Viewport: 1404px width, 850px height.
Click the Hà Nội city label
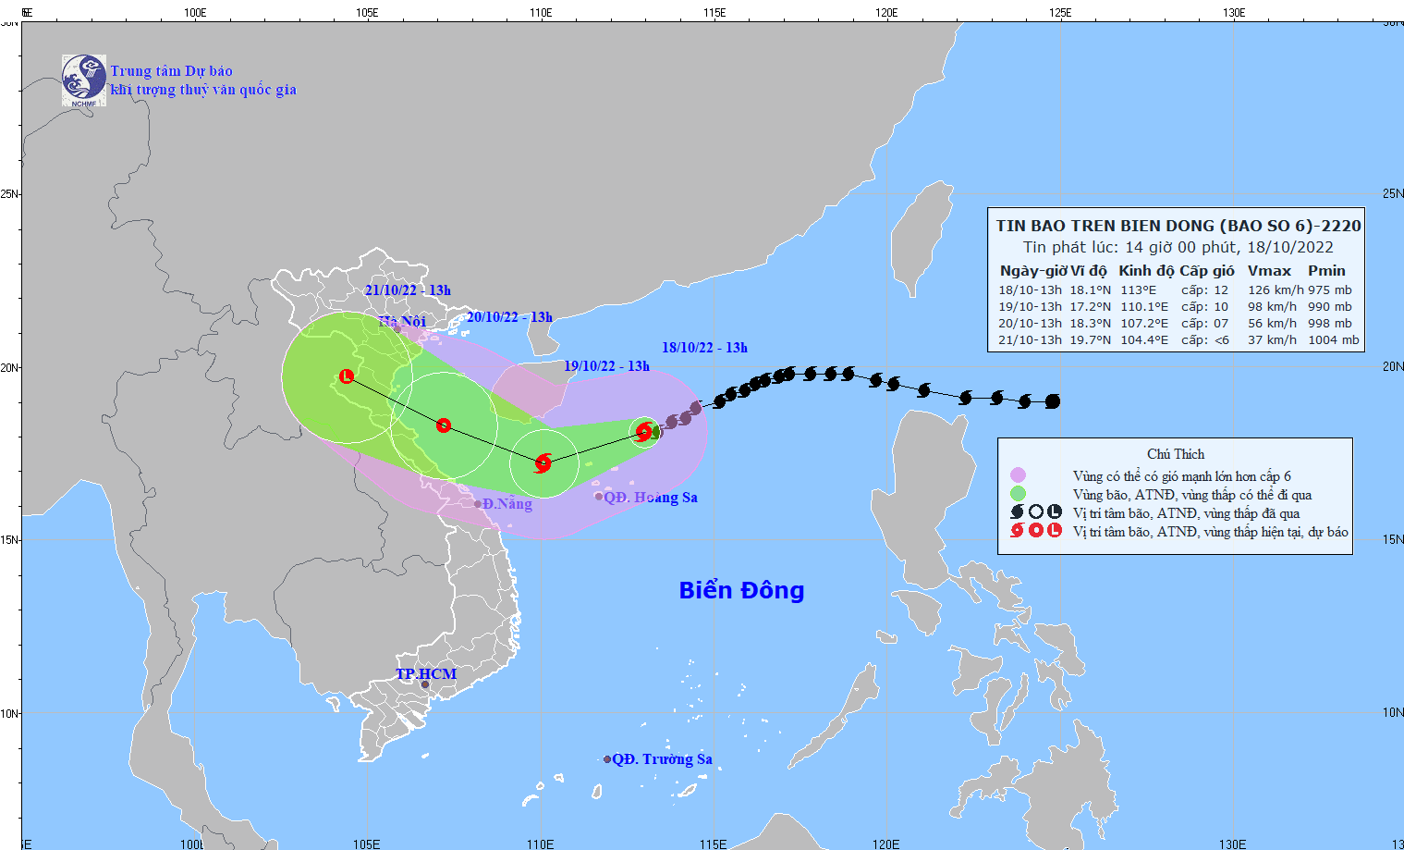pos(402,321)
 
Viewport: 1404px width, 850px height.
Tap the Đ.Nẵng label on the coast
pos(507,504)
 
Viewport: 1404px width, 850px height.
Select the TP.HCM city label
pos(426,674)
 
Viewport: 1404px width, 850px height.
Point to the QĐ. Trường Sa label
pos(662,759)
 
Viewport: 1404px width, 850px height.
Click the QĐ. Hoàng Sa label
pos(650,498)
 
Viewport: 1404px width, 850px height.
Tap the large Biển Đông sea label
pos(741,590)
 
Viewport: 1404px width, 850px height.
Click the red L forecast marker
pos(347,376)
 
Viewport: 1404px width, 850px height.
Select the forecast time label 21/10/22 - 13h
pos(408,290)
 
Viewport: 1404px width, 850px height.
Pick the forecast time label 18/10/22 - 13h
pos(704,348)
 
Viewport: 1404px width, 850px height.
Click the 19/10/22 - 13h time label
pos(606,366)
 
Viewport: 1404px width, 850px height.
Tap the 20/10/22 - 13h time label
pos(509,317)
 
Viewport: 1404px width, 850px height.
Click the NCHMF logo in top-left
pos(83,80)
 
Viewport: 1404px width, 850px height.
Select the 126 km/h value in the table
pos(1276,290)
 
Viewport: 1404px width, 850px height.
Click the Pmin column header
pos(1326,271)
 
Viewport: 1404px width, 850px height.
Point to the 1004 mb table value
pos(1334,340)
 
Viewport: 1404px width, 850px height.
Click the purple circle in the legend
pos(1018,475)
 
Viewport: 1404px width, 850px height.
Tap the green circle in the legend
pos(1018,494)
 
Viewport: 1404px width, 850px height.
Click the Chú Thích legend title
pos(1176,454)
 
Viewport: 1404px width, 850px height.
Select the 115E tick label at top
pos(714,13)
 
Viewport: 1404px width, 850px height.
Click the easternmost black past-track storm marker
pos(1052,401)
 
